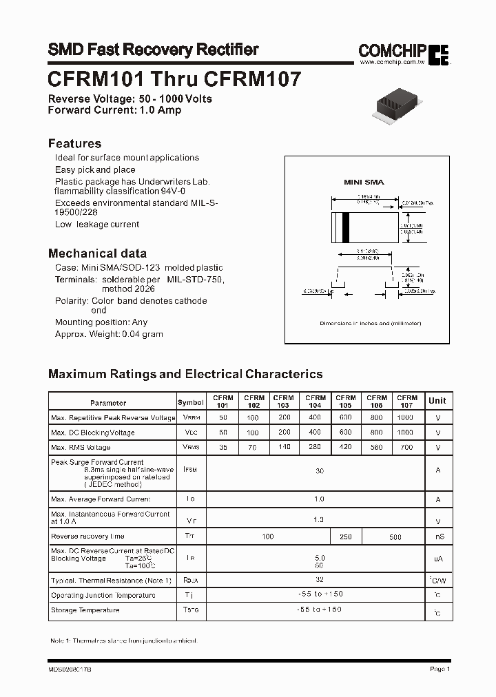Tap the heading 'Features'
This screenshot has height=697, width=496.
74,143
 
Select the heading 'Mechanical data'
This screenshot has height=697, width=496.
97,253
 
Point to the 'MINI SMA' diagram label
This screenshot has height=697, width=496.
364,182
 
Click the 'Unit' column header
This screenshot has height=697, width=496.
437,400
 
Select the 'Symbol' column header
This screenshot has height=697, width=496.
191,402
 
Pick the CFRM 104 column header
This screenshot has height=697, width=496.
316,402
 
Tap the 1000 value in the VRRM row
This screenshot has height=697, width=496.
406,417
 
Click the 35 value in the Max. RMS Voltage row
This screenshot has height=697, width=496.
223,447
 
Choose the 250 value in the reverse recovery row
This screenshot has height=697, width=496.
346,537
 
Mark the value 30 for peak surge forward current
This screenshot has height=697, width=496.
319,471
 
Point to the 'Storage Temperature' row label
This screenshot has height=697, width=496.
85,610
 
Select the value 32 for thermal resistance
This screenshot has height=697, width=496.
319,580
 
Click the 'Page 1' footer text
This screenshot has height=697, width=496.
440,669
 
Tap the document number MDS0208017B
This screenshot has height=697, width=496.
70,669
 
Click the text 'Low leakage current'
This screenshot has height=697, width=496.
97,225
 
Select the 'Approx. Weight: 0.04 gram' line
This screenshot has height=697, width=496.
109,334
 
